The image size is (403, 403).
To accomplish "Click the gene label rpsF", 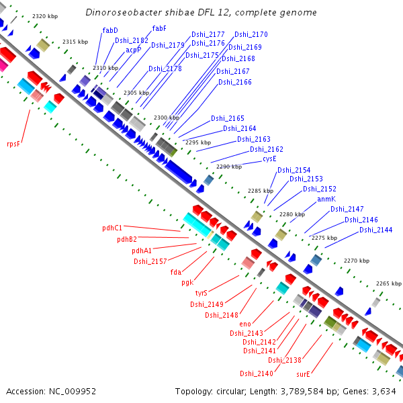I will [14, 144].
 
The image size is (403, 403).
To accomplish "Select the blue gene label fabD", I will [110, 30].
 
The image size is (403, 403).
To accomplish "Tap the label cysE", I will [269, 159].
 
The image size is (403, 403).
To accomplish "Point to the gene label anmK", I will [326, 199].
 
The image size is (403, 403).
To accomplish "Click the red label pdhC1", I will [112, 228].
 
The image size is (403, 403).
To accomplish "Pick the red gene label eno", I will [245, 324].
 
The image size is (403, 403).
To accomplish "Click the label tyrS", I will [201, 293].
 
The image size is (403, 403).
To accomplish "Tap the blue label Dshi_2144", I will [375, 230].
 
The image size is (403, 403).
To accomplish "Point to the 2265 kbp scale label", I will [388, 283].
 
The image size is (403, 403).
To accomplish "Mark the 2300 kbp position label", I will [167, 118].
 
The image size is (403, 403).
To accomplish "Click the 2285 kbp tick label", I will [261, 191].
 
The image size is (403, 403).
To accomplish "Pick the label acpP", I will [134, 49].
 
